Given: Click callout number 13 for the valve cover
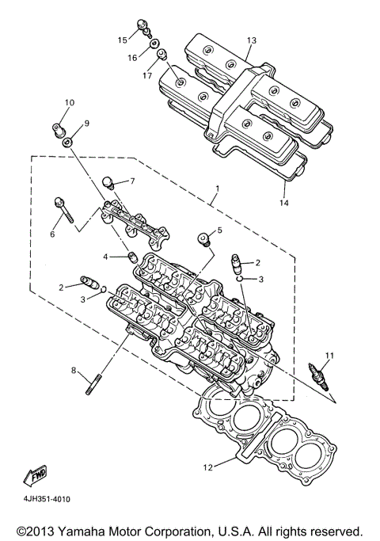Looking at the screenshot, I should (x=252, y=40).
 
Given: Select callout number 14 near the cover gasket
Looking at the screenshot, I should (x=284, y=203).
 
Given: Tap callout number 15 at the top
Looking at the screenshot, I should (x=123, y=39).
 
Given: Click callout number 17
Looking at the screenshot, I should (x=147, y=75).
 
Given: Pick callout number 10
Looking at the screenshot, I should (x=69, y=103).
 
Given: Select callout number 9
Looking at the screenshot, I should (x=87, y=124).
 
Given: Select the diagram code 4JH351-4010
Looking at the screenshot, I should (x=43, y=499).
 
